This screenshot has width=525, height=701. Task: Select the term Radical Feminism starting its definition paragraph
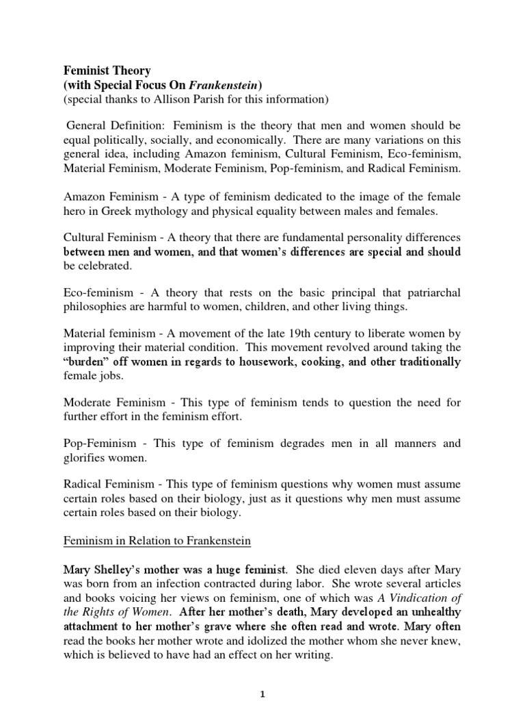pos(105,484)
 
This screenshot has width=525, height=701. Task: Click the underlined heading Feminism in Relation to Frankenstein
pos(157,541)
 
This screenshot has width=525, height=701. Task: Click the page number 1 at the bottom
pos(262,693)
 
